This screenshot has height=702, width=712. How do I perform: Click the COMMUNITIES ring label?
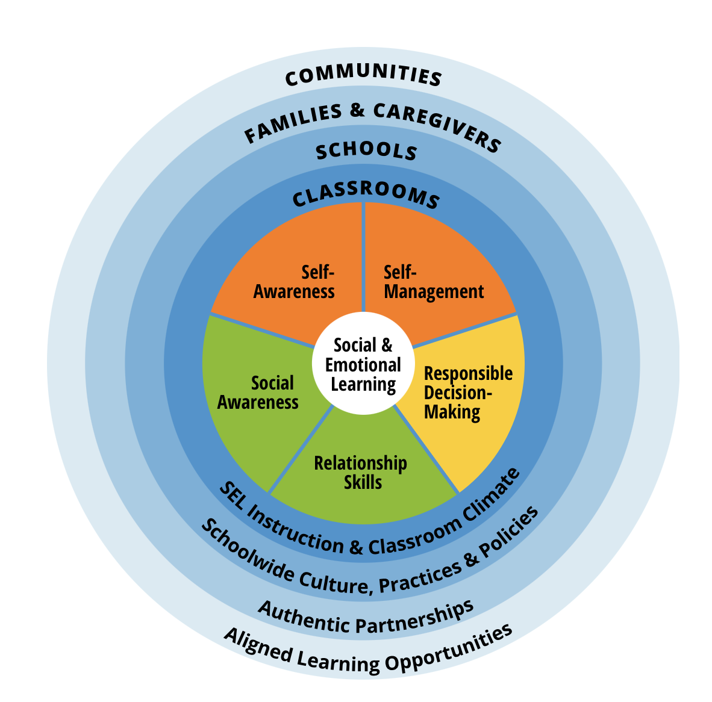pos(363,75)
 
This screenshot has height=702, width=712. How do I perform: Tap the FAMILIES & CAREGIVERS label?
pos(372,123)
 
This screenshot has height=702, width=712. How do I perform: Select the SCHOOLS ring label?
pos(366,151)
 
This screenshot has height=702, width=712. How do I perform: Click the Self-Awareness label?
pos(294,282)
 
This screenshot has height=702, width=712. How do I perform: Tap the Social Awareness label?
pos(258,393)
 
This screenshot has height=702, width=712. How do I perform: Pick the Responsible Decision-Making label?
pos(468,393)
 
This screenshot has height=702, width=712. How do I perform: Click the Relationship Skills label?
pos(361,472)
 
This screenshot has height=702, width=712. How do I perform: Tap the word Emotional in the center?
pos(363,365)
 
